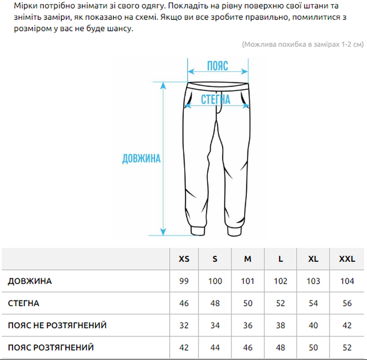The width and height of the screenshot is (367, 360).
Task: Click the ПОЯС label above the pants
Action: click(x=217, y=66)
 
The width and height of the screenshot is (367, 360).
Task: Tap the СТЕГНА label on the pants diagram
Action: click(x=216, y=99)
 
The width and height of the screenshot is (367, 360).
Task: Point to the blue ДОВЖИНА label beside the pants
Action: click(x=141, y=159)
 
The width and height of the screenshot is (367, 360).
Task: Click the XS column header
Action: click(x=183, y=259)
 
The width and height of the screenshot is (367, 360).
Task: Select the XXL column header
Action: click(x=347, y=259)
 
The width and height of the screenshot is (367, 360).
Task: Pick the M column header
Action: click(x=248, y=259)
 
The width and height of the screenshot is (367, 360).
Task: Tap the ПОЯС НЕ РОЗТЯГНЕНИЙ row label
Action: click(x=57, y=326)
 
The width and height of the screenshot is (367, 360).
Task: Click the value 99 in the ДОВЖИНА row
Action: click(x=184, y=281)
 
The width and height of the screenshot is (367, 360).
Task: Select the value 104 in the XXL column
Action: click(x=347, y=281)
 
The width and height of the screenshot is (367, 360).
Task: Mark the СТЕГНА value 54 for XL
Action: click(x=313, y=304)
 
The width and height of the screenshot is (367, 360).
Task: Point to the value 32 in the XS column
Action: click(x=184, y=326)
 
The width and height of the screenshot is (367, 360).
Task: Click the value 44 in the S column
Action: click(x=215, y=348)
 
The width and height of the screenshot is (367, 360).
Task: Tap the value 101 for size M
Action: click(x=248, y=281)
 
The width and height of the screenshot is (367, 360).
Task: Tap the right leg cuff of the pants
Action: click(x=237, y=230)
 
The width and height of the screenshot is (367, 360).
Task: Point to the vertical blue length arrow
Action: click(x=163, y=158)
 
